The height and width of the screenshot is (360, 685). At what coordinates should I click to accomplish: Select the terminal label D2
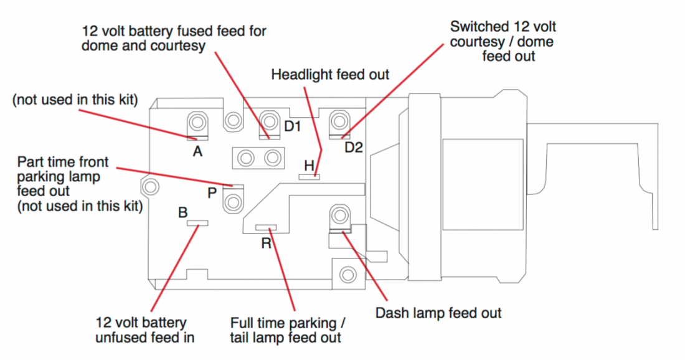click(x=354, y=148)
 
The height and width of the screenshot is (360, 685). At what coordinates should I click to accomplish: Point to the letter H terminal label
click(x=309, y=165)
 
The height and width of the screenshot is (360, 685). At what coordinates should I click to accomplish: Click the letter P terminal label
click(x=212, y=194)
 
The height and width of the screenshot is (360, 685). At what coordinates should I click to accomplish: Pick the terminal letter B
click(x=182, y=213)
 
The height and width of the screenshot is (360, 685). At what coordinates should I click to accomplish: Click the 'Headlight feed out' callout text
click(x=330, y=75)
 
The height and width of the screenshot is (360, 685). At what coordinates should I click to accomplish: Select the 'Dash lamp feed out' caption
click(x=438, y=313)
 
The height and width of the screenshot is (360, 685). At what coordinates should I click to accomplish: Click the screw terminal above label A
click(x=197, y=121)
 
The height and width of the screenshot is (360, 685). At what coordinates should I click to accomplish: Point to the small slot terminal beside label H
click(x=309, y=177)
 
